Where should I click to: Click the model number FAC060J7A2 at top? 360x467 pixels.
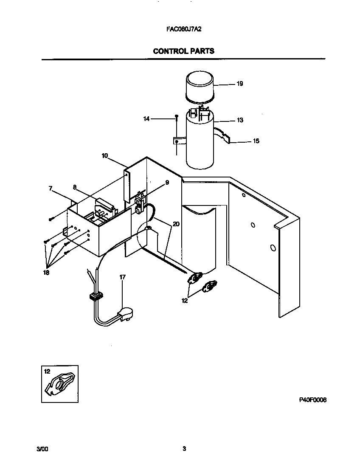point(183,31)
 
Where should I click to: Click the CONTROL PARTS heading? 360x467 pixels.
point(183,51)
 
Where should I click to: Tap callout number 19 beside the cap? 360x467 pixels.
point(239,84)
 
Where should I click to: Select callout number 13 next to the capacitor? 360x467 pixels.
point(240,120)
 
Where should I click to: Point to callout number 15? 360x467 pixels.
point(256,141)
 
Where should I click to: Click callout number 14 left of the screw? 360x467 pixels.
point(146,119)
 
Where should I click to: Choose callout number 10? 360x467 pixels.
point(104,156)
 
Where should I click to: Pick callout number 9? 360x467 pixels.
point(167,182)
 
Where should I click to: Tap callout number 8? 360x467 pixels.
point(75,186)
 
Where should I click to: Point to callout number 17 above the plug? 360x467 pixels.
point(122,277)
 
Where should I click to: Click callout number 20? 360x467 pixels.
point(175,224)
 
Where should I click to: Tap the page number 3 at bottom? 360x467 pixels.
point(184,449)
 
